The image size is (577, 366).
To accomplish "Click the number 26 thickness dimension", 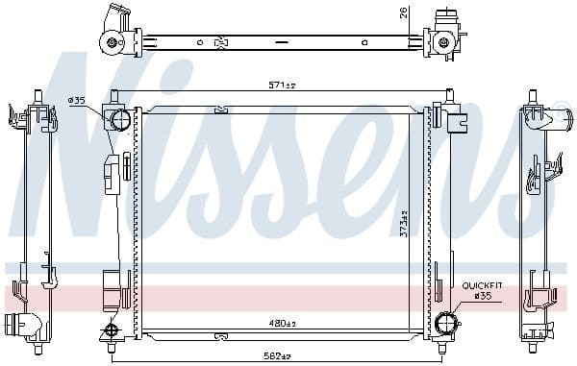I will tap(404, 12).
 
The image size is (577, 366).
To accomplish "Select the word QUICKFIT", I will tap(482, 285).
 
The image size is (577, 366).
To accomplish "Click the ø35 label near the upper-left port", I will tap(77, 100).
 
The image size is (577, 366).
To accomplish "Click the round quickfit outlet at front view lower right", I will tap(445, 323).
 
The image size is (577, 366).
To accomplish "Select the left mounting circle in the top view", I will tap(113, 42).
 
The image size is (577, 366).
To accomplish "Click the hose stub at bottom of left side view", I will tap(16, 324).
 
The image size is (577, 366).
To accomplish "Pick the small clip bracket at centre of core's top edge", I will tap(222, 109).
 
